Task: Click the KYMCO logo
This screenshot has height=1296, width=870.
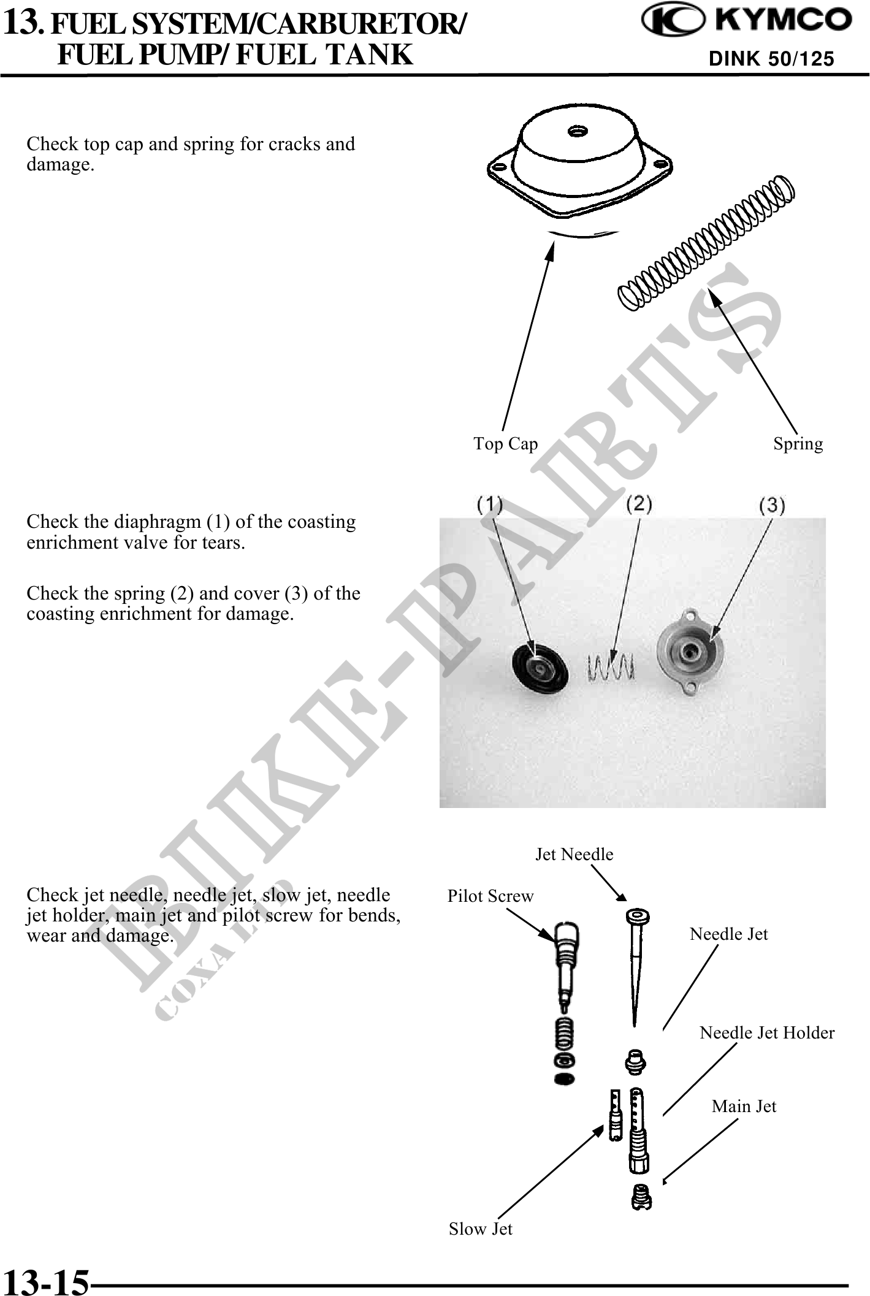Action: click(x=746, y=21)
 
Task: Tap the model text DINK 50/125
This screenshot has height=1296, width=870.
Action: click(x=771, y=59)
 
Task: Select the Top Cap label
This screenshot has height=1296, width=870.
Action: click(x=505, y=443)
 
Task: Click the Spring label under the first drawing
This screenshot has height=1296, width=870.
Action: click(x=798, y=443)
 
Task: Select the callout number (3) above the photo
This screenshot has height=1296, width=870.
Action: click(x=772, y=505)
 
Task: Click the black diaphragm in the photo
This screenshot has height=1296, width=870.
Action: click(x=536, y=666)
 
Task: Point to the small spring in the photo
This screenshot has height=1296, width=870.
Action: click(x=610, y=666)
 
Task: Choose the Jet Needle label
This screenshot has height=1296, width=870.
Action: click(x=574, y=855)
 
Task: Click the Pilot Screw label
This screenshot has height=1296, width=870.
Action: click(x=490, y=896)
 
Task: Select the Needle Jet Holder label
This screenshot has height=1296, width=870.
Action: click(x=767, y=1033)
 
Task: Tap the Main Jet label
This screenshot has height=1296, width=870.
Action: click(x=744, y=1107)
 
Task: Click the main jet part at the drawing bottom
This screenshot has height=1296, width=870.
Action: click(x=641, y=1197)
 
